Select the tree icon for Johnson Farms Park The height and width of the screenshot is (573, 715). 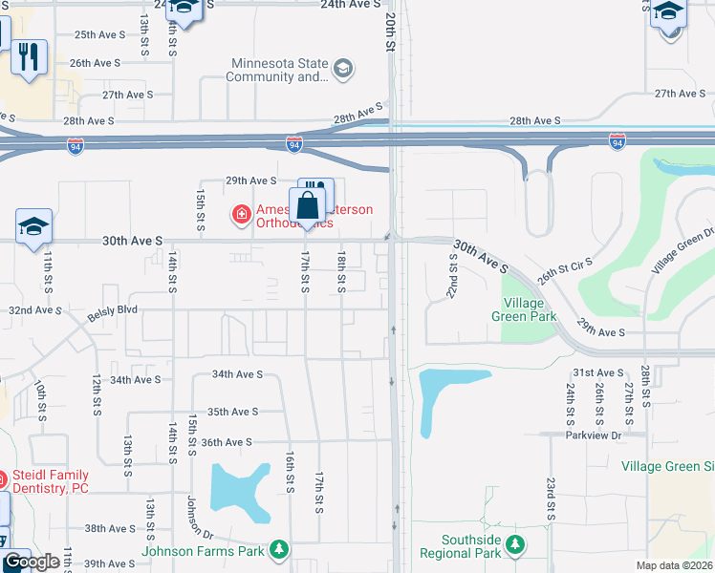pos(278,550)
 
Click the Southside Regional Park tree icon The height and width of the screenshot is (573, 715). pos(515,545)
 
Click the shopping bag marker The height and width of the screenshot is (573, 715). pos(308,206)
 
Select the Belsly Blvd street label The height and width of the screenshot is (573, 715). pos(113,310)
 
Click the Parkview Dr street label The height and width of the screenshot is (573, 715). pos(595,435)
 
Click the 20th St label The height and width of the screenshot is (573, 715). pos(390,32)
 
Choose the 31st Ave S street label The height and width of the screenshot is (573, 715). pos(597,372)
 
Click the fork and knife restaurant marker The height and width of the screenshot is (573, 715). pos(30,57)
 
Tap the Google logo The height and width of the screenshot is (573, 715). pos(32,562)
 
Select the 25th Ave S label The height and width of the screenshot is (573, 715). pos(99,35)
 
